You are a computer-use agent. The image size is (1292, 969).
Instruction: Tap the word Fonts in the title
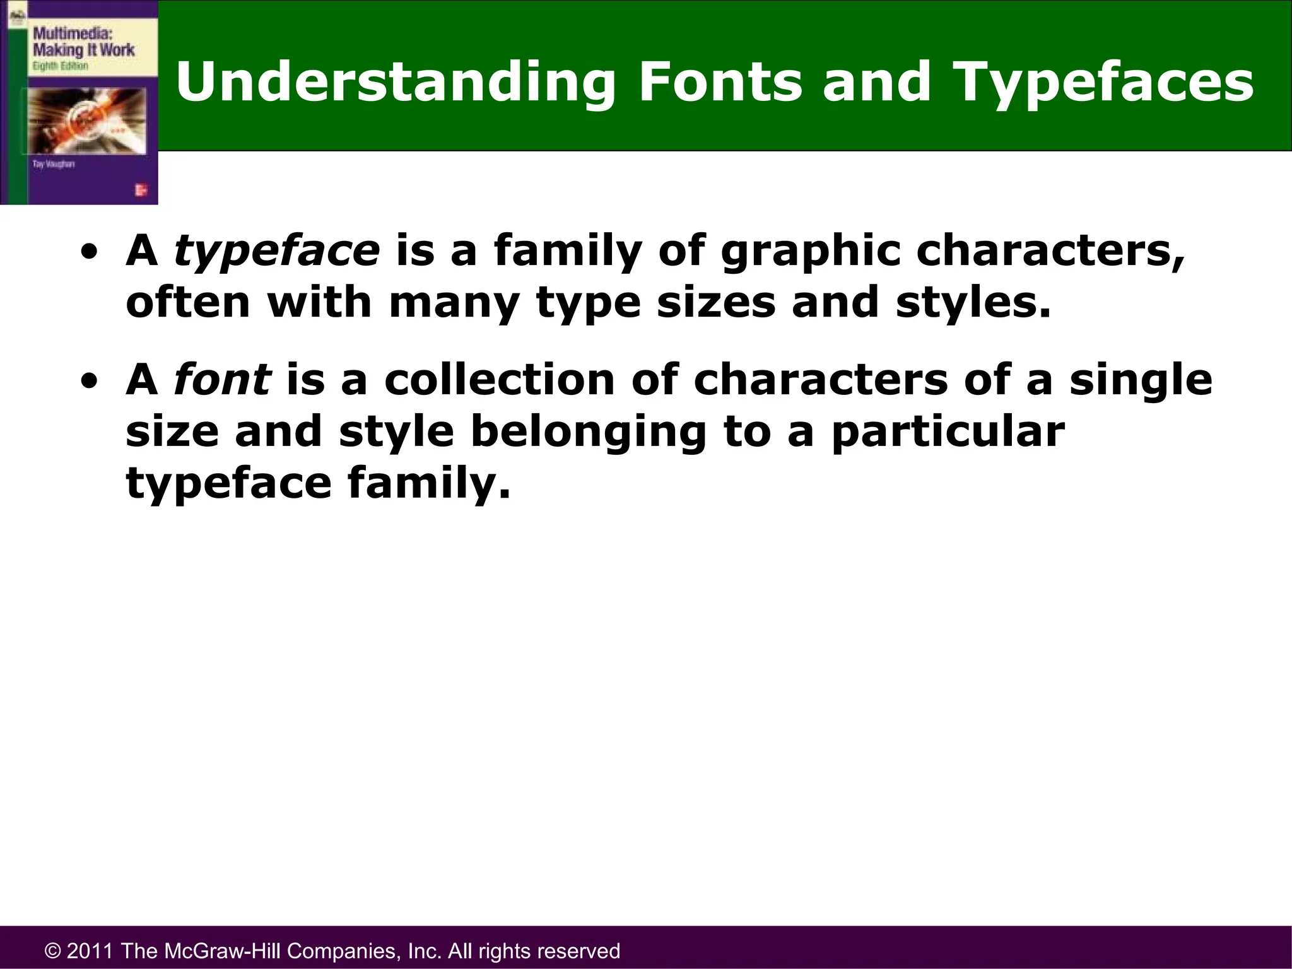(x=720, y=82)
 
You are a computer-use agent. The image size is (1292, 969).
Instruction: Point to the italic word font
(x=222, y=380)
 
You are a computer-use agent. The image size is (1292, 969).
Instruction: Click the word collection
(x=499, y=380)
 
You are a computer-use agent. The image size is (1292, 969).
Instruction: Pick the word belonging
(x=588, y=433)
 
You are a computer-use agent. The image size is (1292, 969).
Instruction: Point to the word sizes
(x=715, y=303)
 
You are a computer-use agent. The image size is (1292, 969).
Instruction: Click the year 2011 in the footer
(x=90, y=951)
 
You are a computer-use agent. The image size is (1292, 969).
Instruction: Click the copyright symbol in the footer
(x=53, y=951)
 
